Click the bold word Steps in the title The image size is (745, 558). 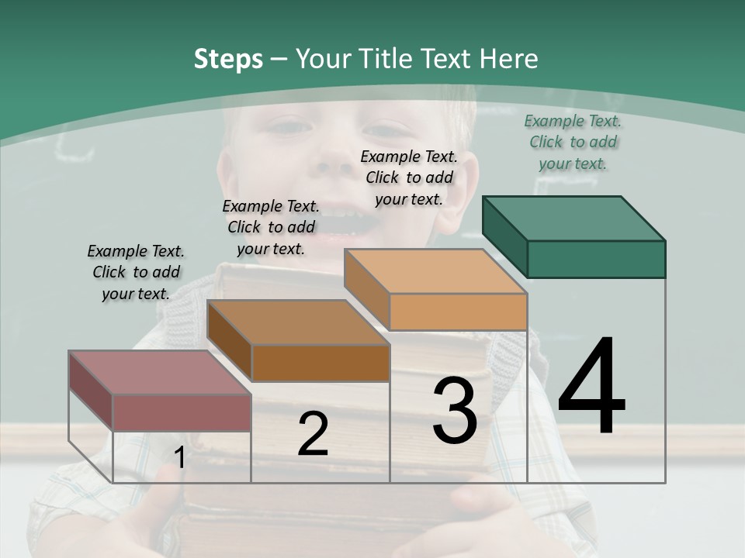tap(228, 59)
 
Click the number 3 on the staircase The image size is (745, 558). tap(455, 411)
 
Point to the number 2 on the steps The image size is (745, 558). tap(313, 434)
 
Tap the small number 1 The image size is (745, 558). tap(180, 458)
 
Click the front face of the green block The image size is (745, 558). tap(596, 259)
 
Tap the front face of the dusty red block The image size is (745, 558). tap(182, 412)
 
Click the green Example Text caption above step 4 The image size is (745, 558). tap(573, 143)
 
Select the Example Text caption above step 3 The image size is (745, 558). tap(409, 177)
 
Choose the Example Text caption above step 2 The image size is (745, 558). tap(271, 227)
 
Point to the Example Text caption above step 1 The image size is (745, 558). tap(136, 272)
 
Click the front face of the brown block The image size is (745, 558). tap(321, 363)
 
